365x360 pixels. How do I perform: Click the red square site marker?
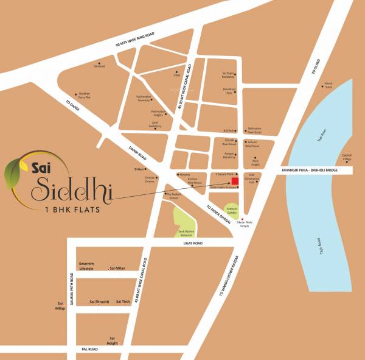(234, 182)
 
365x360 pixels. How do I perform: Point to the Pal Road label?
(89, 349)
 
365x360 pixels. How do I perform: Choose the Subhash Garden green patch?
(232, 209)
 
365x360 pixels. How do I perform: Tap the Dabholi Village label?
(347, 156)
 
